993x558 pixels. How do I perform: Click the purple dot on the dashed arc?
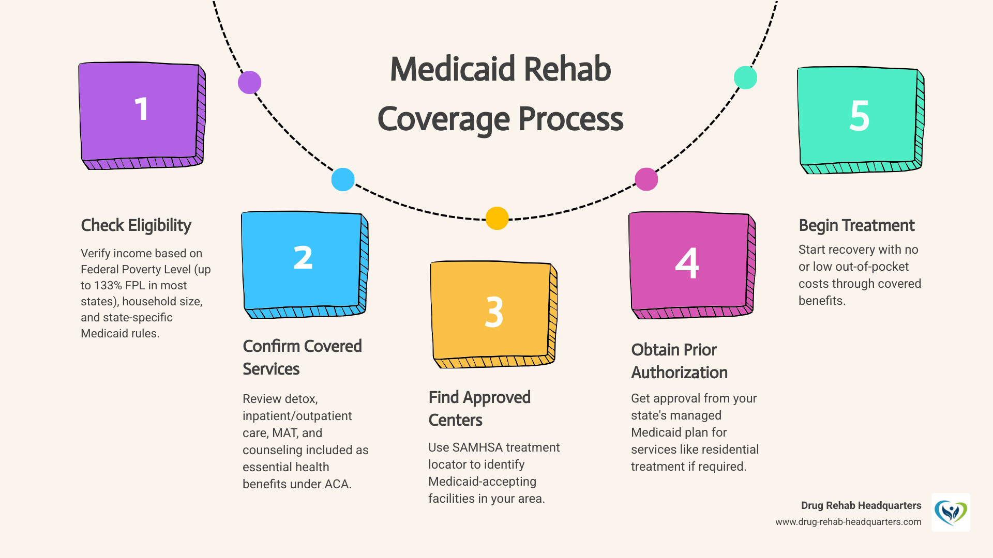[249, 82]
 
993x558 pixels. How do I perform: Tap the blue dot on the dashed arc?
[342, 179]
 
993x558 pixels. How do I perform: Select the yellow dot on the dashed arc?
[496, 218]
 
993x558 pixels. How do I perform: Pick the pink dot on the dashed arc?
[646, 179]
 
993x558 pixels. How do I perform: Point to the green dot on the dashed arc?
[745, 78]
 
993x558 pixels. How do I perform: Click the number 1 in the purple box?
[141, 109]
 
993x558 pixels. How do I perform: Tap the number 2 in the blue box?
[303, 258]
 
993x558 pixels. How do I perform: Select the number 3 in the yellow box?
[494, 312]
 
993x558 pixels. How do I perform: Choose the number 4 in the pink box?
[687, 263]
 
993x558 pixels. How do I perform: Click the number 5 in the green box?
[859, 116]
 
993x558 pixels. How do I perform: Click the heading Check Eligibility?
[136, 225]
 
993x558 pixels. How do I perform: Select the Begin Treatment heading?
[856, 225]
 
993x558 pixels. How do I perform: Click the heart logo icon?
[951, 512]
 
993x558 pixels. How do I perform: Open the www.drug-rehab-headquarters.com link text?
[848, 522]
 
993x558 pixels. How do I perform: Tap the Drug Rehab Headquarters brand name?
[861, 505]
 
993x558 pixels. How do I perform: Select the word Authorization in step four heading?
[679, 373]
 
